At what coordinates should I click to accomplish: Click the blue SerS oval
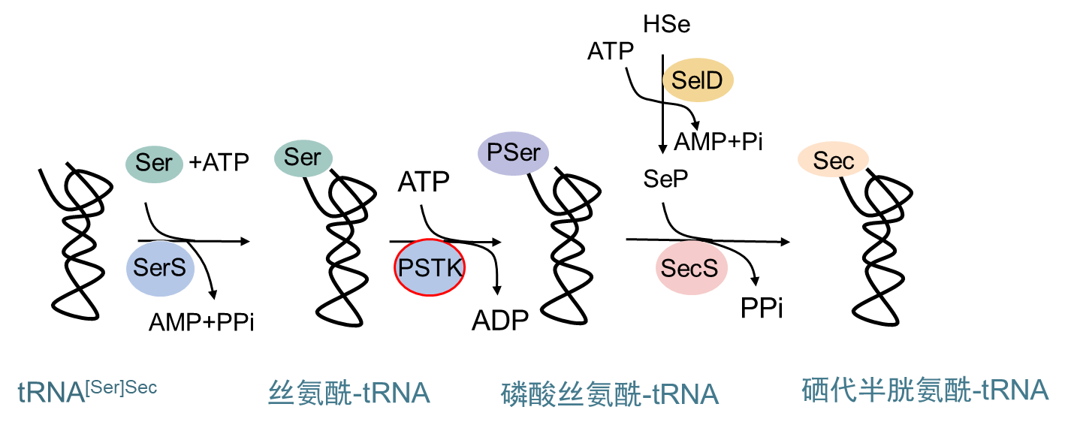click(160, 268)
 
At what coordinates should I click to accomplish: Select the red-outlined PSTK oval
click(430, 267)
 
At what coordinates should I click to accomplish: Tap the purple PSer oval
click(514, 153)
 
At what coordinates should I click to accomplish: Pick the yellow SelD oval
click(698, 80)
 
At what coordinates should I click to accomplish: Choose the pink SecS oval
click(691, 268)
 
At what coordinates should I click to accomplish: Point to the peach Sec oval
click(833, 160)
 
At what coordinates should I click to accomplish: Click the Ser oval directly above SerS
click(154, 163)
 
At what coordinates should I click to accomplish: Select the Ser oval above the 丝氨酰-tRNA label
click(303, 157)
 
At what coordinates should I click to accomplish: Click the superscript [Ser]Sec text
click(122, 387)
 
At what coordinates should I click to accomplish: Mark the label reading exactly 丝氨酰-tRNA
click(348, 393)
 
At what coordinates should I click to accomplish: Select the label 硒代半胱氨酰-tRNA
click(925, 390)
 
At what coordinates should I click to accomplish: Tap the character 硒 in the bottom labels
click(815, 390)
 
